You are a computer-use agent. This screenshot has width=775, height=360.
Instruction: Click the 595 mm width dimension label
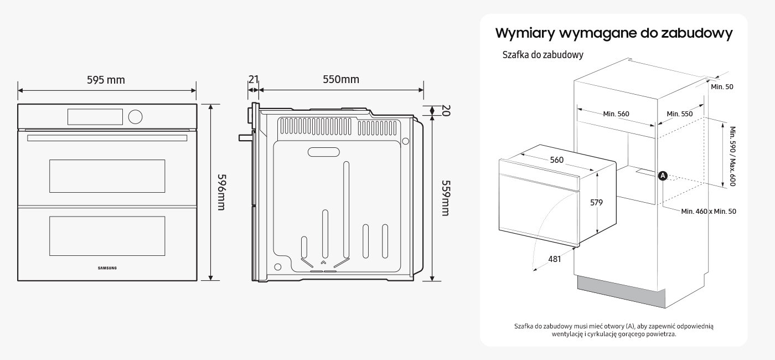point(106,80)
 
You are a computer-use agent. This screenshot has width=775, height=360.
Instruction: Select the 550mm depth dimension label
point(341,79)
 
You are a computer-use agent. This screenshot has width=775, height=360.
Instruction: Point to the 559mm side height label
point(445,197)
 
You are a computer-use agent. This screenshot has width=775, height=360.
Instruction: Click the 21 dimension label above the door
point(253,79)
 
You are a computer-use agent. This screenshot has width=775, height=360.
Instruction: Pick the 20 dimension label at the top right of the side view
point(446,111)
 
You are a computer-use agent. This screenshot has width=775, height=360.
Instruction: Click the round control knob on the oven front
point(135,116)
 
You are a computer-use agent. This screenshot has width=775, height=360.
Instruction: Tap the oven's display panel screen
point(95,116)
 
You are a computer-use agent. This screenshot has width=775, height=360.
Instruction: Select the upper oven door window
point(107,176)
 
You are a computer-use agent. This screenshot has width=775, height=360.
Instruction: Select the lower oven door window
point(107,236)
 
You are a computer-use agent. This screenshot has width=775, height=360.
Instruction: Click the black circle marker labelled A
point(663,176)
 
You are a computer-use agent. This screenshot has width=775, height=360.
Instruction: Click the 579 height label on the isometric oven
point(596,203)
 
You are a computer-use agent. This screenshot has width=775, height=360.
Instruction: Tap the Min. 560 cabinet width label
point(616,114)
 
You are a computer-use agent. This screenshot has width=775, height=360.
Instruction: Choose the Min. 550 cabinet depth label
point(679,114)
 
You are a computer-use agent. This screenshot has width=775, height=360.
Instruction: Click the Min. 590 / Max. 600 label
point(732,156)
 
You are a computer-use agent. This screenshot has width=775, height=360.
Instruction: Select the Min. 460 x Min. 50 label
point(709,211)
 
